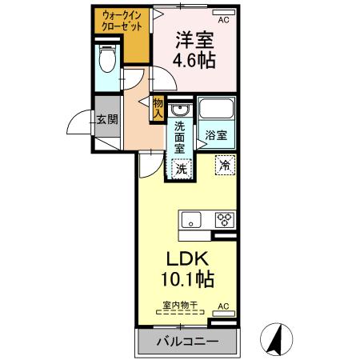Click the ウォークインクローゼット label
click(x=122, y=22)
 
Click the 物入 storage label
click(x=158, y=106)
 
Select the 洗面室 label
click(x=180, y=136)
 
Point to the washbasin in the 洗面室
click(x=180, y=110)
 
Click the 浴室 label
click(x=216, y=134)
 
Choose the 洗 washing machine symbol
click(x=182, y=169)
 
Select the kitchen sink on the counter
click(x=192, y=219)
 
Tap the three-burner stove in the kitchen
click(x=223, y=219)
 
